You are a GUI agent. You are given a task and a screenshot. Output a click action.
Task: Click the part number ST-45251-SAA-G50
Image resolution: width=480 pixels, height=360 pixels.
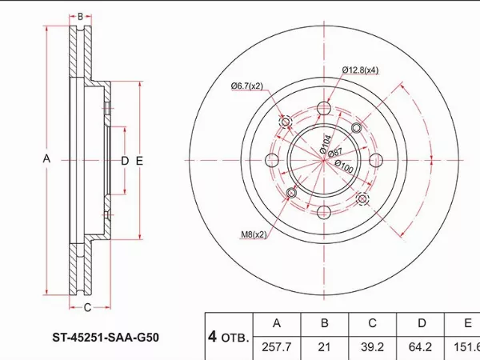106,338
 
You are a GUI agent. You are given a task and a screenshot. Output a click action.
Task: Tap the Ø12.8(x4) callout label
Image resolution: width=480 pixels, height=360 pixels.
360,70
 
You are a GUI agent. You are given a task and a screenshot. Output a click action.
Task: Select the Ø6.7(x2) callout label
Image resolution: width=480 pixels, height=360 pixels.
247,86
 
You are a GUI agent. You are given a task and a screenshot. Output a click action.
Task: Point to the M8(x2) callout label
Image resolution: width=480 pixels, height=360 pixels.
254,234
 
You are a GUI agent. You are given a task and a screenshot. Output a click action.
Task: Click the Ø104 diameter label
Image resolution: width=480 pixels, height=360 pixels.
326,144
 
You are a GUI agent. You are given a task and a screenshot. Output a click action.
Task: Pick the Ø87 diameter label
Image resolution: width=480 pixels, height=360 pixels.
335,153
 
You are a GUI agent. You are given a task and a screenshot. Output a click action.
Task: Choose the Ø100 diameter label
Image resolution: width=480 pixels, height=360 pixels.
344,166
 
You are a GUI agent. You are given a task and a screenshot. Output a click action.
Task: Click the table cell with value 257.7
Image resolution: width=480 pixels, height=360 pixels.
277,347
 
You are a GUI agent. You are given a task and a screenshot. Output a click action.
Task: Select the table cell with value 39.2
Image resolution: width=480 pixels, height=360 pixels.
372,347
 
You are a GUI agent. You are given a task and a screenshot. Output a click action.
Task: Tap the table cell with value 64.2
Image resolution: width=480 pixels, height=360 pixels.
420,347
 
